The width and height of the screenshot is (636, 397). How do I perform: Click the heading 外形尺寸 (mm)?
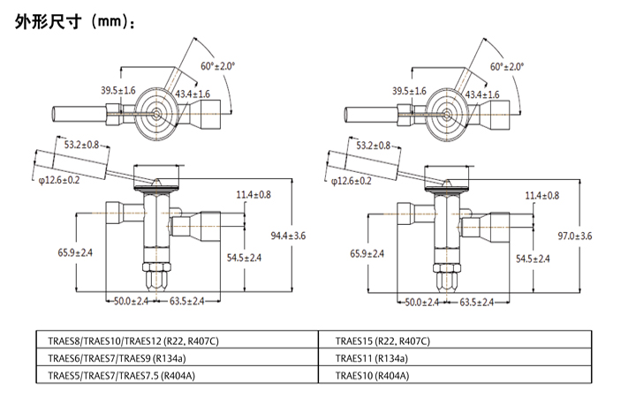76,22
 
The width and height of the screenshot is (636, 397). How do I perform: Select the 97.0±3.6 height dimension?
575,235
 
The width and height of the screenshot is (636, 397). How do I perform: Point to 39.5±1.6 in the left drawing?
117,91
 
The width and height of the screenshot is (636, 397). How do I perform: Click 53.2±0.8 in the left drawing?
81,144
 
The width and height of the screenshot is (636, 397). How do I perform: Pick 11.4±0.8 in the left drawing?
254,194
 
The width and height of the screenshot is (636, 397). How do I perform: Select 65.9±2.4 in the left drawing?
76,253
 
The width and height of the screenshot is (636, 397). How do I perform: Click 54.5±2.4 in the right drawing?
532,258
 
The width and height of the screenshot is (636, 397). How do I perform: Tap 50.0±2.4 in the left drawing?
132,302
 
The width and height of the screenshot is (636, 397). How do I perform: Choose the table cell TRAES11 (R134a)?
371,358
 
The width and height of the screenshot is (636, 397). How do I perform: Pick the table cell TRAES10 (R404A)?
372,375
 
